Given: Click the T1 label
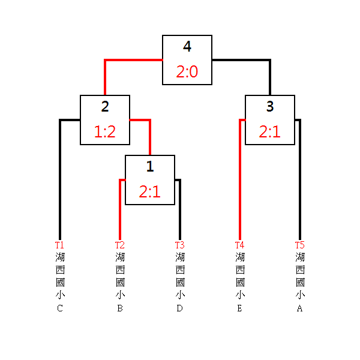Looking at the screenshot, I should coord(59,245).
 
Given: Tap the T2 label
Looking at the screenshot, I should coord(119,245).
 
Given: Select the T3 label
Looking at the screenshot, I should coord(179,245).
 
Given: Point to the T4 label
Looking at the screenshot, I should coord(239,245).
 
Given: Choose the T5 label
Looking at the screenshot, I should coord(299,245).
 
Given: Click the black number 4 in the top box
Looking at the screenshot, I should coord(187,47).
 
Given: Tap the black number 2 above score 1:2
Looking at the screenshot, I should coord(105,107).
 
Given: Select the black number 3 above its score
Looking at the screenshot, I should coord(270,107).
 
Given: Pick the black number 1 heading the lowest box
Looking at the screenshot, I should coord(150,167).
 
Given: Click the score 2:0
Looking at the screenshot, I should coord(187,72).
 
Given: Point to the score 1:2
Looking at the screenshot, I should coord(105,132).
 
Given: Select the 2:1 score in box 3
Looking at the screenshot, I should coord(270,132).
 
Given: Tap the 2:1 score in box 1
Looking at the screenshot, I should coord(150,192).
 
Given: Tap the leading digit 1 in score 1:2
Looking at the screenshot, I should coord(98,132).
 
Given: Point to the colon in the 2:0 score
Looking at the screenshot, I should coord(187,73).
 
